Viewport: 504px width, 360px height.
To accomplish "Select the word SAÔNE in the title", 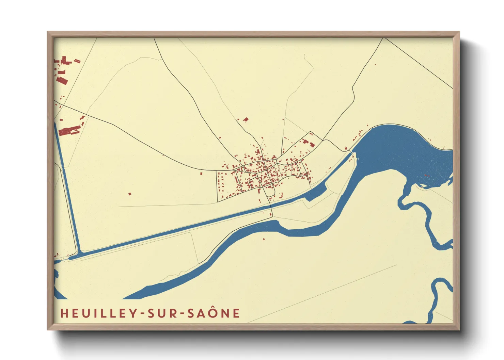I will (x=214, y=313).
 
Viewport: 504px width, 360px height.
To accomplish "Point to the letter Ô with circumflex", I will (x=214, y=313).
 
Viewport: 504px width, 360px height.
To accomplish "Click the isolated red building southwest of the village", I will (x=129, y=194).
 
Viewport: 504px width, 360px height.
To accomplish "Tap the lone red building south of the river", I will (x=264, y=239).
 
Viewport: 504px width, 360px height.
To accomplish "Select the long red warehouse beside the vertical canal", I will (x=69, y=131).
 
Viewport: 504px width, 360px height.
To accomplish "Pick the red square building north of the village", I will (x=246, y=119).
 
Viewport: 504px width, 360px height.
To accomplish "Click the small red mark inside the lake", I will (x=426, y=176).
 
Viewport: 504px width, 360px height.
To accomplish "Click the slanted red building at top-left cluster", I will (x=62, y=80).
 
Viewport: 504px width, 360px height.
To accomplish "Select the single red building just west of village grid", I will (x=201, y=174).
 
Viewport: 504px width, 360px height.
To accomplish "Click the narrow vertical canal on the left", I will (x=67, y=187).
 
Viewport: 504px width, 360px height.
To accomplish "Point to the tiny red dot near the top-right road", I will (x=375, y=65).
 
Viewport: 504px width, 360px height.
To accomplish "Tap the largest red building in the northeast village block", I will (x=312, y=145).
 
